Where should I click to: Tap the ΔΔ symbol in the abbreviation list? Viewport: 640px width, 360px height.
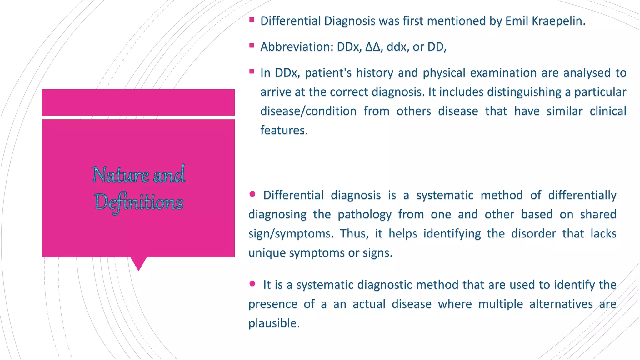tap(373, 47)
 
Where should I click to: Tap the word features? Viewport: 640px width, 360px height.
tap(284, 130)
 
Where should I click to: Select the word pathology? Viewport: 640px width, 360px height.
tap(364, 215)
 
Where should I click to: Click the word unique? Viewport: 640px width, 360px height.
tap(267, 253)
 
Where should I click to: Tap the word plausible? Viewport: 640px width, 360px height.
tap(274, 323)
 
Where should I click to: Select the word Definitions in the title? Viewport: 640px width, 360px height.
tap(139, 202)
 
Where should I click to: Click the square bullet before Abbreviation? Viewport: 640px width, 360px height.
tap(252, 46)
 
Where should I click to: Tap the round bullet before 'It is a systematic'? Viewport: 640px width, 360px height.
tap(252, 284)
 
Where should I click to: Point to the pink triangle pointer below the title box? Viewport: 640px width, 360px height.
tap(138, 263)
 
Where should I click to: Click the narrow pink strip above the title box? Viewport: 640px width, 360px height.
tap(138, 102)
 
